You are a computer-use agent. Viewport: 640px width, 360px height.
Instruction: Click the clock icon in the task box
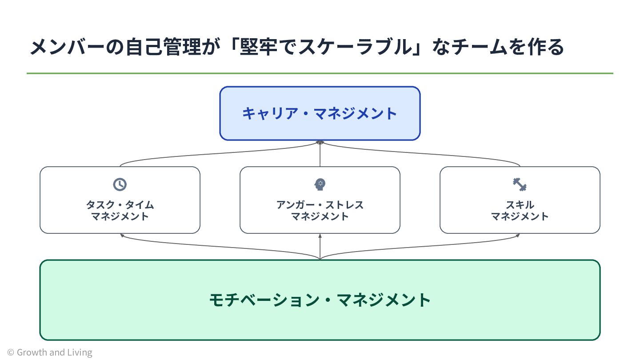click(x=120, y=184)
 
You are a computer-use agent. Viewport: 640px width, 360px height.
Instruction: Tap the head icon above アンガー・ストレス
click(x=320, y=184)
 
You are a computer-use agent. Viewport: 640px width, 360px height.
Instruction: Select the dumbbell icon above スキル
click(x=520, y=184)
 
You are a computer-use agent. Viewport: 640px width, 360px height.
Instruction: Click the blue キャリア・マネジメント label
click(x=320, y=113)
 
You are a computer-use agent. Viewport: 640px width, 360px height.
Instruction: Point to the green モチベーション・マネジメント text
click(x=320, y=300)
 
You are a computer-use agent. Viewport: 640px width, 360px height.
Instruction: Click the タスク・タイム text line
click(x=120, y=205)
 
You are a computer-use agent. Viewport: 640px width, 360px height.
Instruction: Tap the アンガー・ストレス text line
click(x=320, y=205)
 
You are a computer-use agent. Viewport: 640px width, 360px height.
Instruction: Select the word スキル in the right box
click(x=520, y=205)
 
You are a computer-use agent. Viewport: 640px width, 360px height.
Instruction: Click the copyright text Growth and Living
click(x=50, y=352)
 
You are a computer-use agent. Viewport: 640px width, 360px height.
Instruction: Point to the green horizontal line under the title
click(x=320, y=73)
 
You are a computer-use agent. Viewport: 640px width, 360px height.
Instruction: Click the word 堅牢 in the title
click(x=259, y=47)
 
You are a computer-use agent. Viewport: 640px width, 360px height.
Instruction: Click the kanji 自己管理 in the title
click(x=163, y=47)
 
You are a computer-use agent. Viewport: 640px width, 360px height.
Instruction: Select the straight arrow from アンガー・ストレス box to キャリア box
click(x=320, y=153)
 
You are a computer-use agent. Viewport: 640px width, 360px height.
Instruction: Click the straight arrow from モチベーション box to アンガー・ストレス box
click(x=320, y=247)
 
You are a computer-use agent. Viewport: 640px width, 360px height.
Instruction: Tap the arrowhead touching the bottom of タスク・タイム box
click(x=122, y=235)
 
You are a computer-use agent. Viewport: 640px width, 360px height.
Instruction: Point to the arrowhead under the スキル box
click(x=518, y=235)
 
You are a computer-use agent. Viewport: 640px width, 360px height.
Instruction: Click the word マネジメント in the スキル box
click(x=520, y=216)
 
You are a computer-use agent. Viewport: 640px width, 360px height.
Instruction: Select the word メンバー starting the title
click(x=67, y=47)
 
